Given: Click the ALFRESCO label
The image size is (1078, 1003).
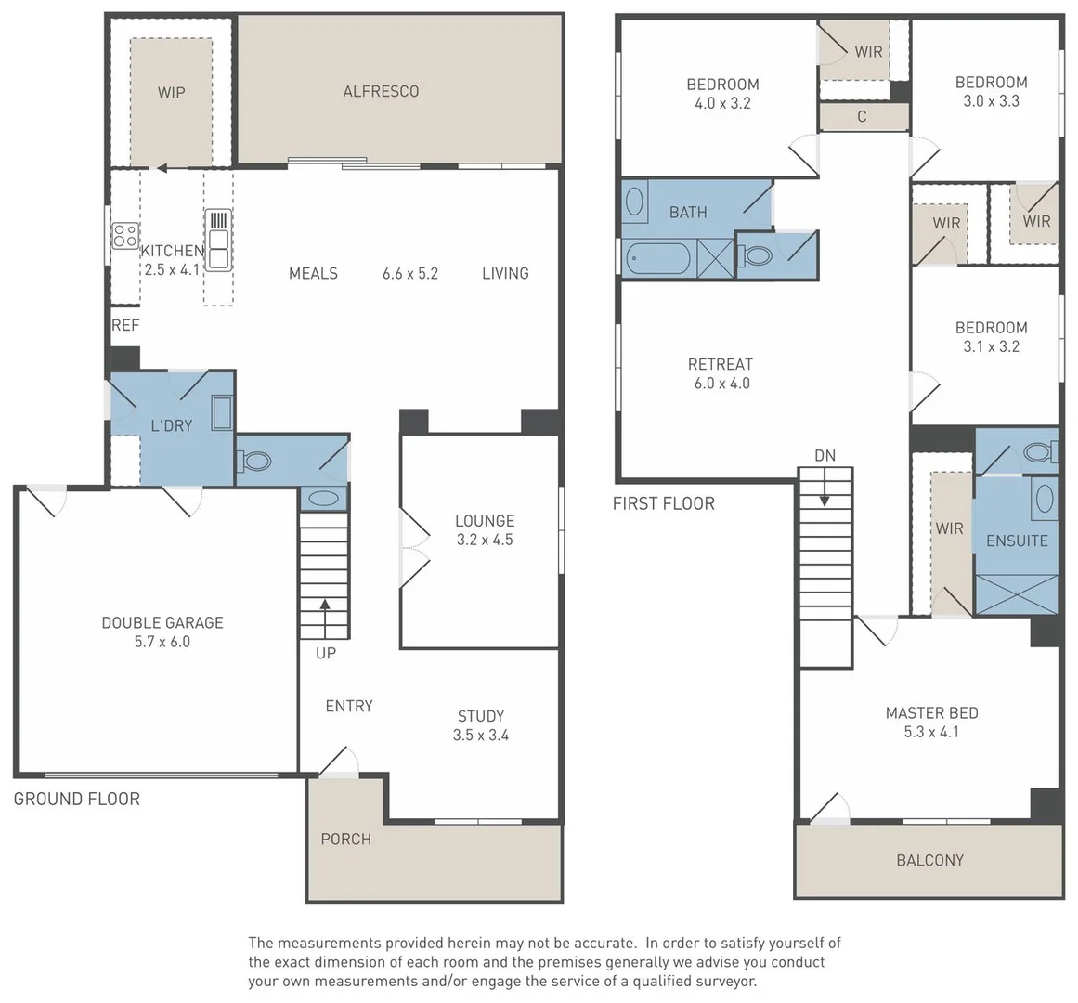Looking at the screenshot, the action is click(x=381, y=91).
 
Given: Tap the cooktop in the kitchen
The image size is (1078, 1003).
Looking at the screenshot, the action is click(x=125, y=235).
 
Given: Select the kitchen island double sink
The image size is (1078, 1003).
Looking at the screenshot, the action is click(x=218, y=241).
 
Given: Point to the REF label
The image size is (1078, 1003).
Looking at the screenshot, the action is click(x=125, y=325).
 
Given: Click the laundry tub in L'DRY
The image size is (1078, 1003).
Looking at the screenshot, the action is click(x=222, y=412).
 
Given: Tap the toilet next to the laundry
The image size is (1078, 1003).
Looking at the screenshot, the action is click(x=254, y=461).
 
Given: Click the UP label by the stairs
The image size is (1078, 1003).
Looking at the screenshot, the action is click(x=326, y=653).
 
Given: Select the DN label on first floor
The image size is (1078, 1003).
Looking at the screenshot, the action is click(x=825, y=455).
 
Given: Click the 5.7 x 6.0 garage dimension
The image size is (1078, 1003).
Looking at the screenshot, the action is click(x=162, y=642).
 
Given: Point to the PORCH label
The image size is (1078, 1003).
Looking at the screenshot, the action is click(x=345, y=840).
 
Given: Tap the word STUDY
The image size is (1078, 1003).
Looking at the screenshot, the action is click(x=481, y=716).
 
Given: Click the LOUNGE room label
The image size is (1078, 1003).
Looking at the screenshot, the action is click(x=485, y=521).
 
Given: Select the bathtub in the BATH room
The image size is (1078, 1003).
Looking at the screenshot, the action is click(x=657, y=258).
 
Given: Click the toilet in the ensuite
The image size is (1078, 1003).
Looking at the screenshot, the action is click(x=1040, y=452).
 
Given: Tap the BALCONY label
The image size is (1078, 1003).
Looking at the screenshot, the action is click(x=930, y=861).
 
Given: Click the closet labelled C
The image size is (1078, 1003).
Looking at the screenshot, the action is click(x=864, y=117).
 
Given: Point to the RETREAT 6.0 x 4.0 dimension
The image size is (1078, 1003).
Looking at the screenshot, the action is click(x=721, y=384).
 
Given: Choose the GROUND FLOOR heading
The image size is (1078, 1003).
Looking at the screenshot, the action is click(x=77, y=799).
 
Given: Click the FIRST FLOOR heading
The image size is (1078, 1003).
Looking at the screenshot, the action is click(x=664, y=504).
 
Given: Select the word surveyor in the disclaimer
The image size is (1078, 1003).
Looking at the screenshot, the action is click(x=722, y=982).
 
